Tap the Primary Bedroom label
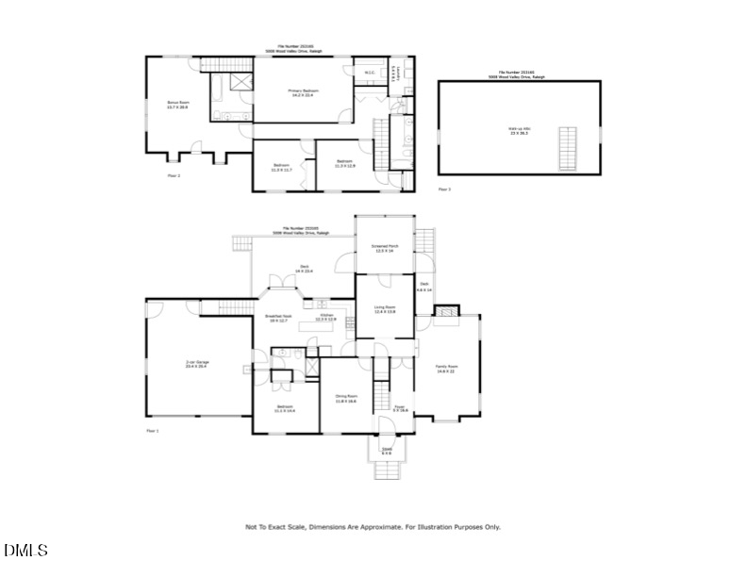(301, 92)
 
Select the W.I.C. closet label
(370, 72)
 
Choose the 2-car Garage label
(196, 363)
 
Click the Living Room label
(384, 309)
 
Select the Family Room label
(446, 367)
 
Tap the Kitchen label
(325, 318)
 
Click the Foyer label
(400, 408)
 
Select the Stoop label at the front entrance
(387, 452)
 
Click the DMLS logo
(25, 550)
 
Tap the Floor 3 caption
(444, 190)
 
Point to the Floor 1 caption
(153, 430)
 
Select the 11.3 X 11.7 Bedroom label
(282, 168)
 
